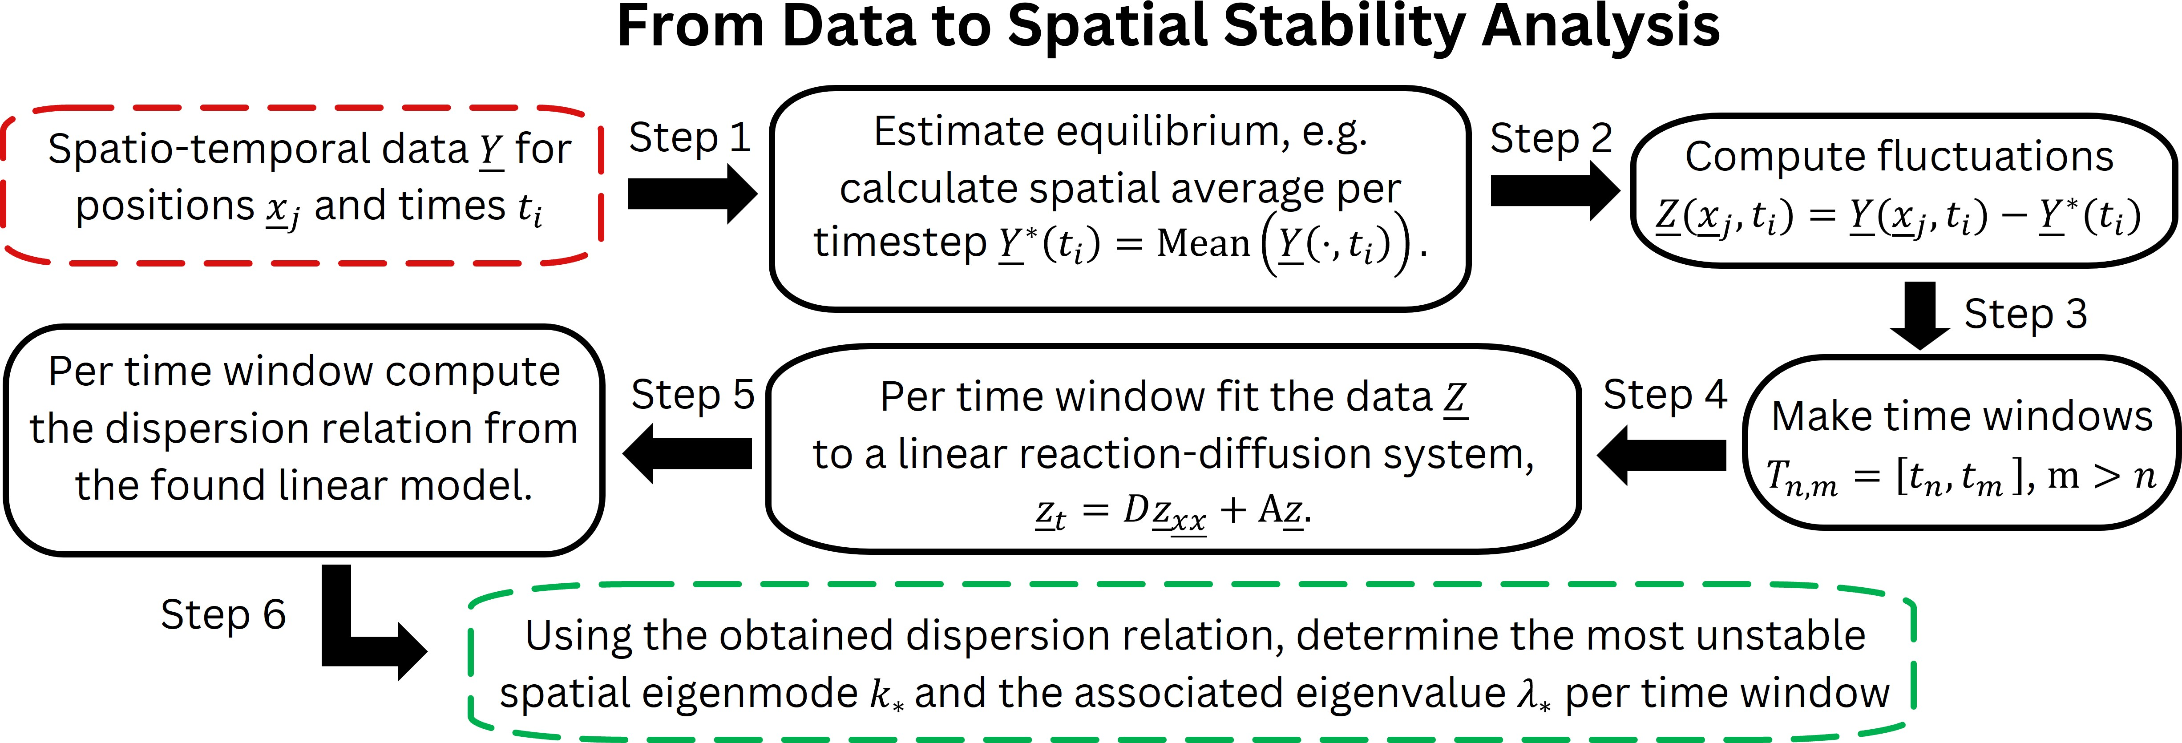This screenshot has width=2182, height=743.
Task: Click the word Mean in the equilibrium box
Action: [1204, 243]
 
